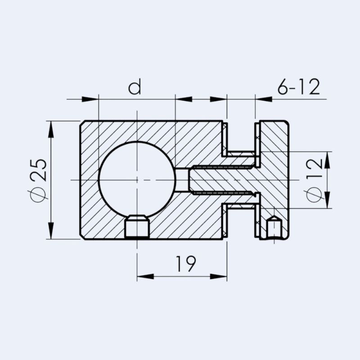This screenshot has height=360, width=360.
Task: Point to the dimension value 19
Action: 185,264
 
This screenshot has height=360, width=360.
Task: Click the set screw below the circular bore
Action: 137,227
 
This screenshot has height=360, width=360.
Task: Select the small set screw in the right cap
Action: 274,228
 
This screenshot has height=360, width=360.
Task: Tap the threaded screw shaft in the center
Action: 220,180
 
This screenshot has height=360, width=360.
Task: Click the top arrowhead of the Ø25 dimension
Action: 51,128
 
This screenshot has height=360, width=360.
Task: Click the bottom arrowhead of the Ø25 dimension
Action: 51,231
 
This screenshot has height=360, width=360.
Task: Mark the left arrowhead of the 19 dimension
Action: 145,276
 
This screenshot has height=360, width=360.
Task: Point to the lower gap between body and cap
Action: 241,223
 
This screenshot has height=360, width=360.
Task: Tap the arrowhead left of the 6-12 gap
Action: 219,99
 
